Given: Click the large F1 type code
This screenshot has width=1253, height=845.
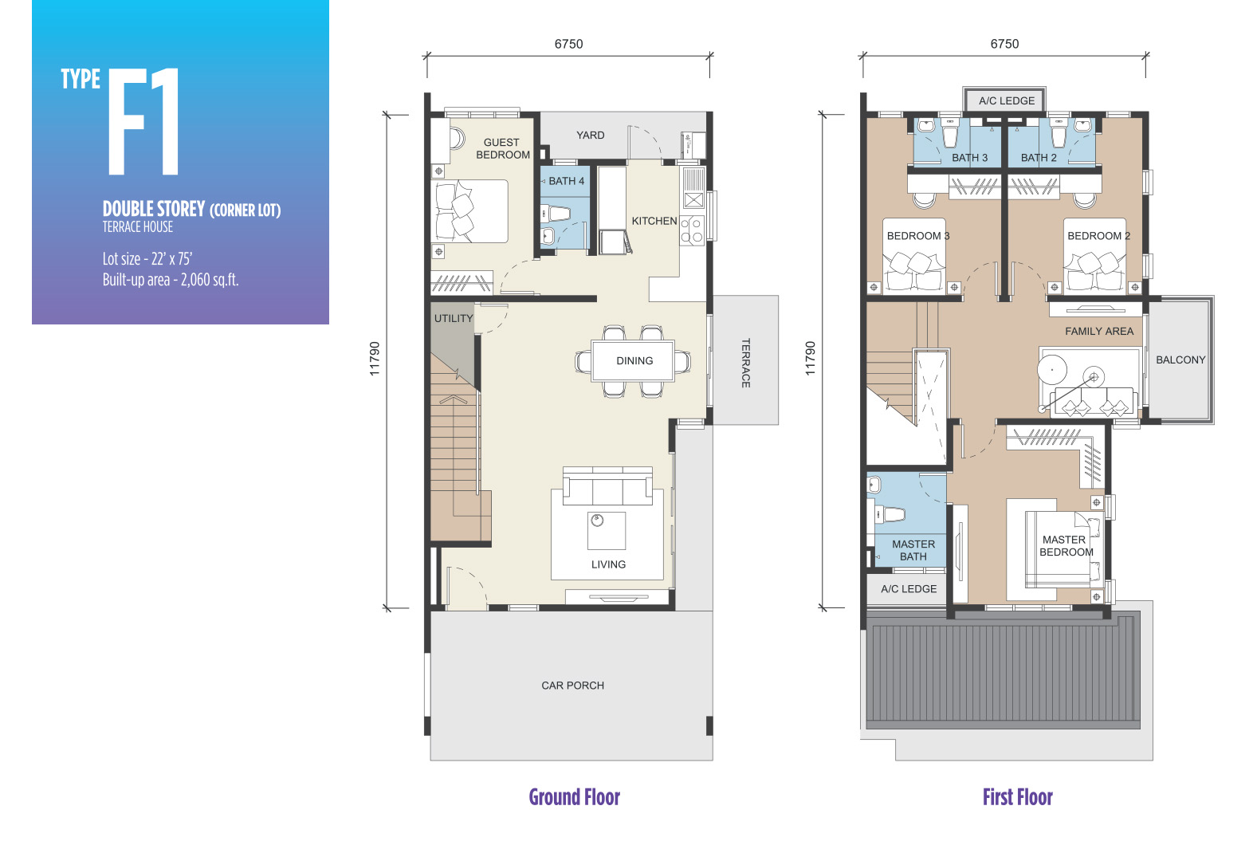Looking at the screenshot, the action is tap(143, 121).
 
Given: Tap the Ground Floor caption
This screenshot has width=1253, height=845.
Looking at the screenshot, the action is tap(575, 797).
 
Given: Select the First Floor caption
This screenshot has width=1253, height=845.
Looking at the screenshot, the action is tap(1018, 797).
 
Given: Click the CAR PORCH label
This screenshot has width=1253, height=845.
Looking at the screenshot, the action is tap(573, 686).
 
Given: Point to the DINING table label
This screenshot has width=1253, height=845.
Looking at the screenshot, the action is tap(634, 361).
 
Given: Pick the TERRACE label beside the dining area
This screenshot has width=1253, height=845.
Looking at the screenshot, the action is tap(745, 363).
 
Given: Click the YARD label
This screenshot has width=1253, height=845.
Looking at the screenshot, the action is tap(590, 136).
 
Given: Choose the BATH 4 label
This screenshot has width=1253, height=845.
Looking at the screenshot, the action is tap(566, 181).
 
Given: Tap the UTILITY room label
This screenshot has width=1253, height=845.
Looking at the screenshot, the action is tap(454, 318).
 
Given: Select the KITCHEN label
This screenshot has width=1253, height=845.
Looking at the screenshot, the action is tap(654, 221).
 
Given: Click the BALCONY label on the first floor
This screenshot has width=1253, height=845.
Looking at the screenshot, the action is tap(1180, 360).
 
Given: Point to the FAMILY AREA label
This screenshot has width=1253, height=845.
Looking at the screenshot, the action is tap(1099, 332).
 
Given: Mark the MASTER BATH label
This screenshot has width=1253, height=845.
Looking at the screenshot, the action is tap(913, 550).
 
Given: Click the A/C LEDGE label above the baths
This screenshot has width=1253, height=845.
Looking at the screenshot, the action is tap(1007, 100).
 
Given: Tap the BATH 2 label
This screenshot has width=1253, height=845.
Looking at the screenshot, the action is tap(1039, 158).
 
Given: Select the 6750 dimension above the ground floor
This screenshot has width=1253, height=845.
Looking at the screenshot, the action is tap(568, 44).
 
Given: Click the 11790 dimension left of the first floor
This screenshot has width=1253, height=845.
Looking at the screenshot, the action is tap(810, 358).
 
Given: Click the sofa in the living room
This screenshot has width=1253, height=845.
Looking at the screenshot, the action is tap(607, 485).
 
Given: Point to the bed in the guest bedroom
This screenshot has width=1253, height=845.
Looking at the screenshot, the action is tap(469, 211).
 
